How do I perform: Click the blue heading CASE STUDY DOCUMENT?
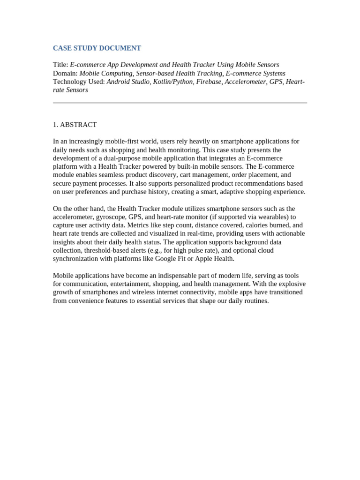point(97,48)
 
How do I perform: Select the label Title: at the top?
point(60,65)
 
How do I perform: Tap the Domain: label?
point(65,73)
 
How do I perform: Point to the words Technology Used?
point(79,82)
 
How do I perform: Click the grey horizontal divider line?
point(180,103)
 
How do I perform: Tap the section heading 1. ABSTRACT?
point(75,125)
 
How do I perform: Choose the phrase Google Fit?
point(172,259)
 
